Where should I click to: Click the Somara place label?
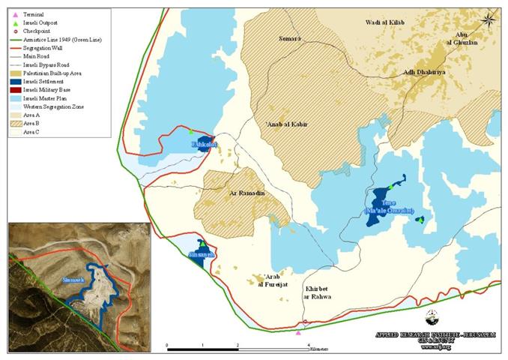point(289,38)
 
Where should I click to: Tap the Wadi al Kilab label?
point(385,23)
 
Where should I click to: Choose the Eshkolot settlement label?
point(205,143)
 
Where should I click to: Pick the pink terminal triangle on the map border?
point(298,332)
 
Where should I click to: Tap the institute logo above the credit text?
point(432,316)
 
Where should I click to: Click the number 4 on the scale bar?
point(309,346)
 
